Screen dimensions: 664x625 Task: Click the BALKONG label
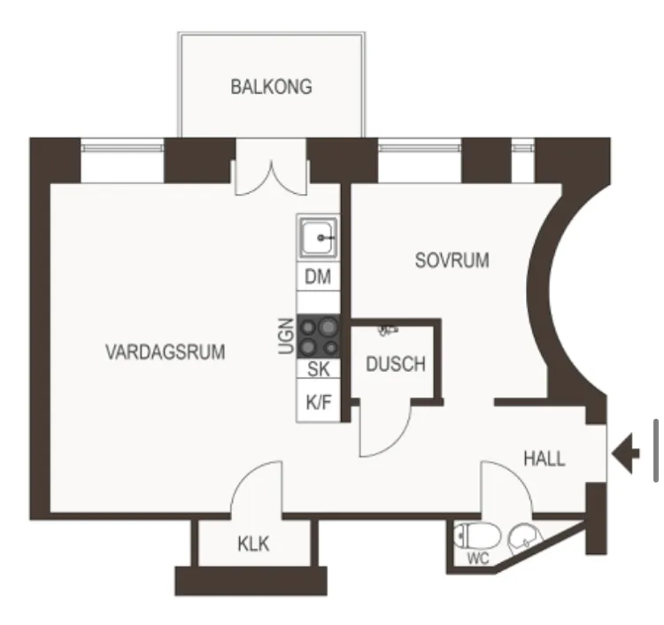272,87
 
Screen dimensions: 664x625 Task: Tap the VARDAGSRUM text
166,351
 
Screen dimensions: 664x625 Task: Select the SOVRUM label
452,260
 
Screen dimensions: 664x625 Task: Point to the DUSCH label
396,364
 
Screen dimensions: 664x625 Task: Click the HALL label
544,459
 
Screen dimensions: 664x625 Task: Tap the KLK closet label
253,544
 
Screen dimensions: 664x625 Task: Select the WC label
478,559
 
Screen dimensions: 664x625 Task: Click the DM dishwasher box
318,276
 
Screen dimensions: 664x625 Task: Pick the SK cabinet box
319,368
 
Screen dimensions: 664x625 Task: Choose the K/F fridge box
319,400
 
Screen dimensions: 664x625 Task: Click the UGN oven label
287,336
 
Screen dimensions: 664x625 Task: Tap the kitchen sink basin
319,237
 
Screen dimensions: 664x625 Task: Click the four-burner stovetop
319,336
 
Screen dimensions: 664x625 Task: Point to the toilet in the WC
477,536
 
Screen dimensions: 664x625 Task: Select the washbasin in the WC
525,539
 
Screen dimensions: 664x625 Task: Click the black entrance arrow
626,454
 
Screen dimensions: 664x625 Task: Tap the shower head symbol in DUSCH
388,330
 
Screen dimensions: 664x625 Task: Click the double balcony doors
271,178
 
